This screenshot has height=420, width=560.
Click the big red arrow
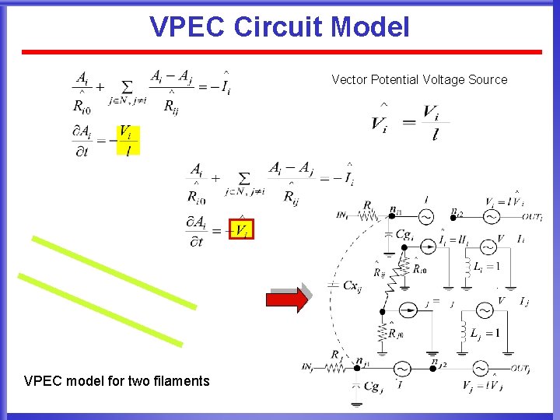pos(287,299)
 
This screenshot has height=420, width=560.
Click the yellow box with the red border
pos(241,228)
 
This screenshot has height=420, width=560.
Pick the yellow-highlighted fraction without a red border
pos(128,140)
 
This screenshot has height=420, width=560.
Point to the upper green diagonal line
pos(113,271)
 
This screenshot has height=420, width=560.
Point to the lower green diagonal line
pos(100,310)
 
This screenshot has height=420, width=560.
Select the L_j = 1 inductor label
pos(485,334)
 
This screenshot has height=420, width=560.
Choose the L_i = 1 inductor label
pos(486,266)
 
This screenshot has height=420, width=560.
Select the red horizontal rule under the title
pos(281,52)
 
